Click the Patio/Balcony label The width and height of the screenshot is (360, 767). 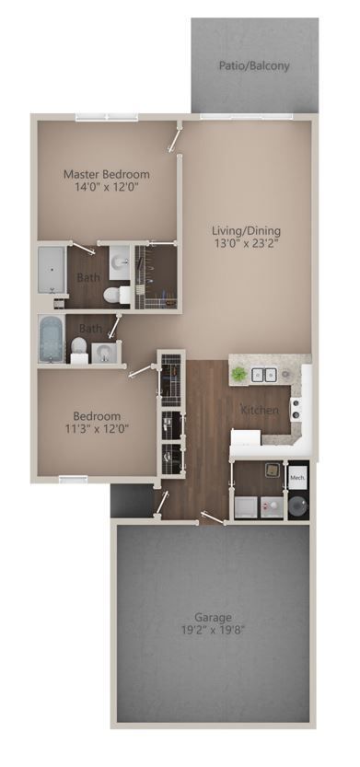click(x=254, y=65)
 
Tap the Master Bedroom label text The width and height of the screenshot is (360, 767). click(x=106, y=174)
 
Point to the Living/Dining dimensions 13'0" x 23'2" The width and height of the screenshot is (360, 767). click(x=246, y=244)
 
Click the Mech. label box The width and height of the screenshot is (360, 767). click(x=297, y=480)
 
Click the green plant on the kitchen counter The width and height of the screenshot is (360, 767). click(x=239, y=374)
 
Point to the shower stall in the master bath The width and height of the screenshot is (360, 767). click(x=52, y=269)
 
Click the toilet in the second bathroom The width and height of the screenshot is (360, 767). click(x=80, y=350)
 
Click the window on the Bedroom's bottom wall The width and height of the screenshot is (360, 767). click(x=73, y=478)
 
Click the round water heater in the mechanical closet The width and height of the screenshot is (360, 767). click(x=297, y=506)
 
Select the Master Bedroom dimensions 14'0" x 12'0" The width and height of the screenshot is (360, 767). click(x=106, y=187)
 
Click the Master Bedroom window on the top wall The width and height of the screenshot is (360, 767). click(x=106, y=117)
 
